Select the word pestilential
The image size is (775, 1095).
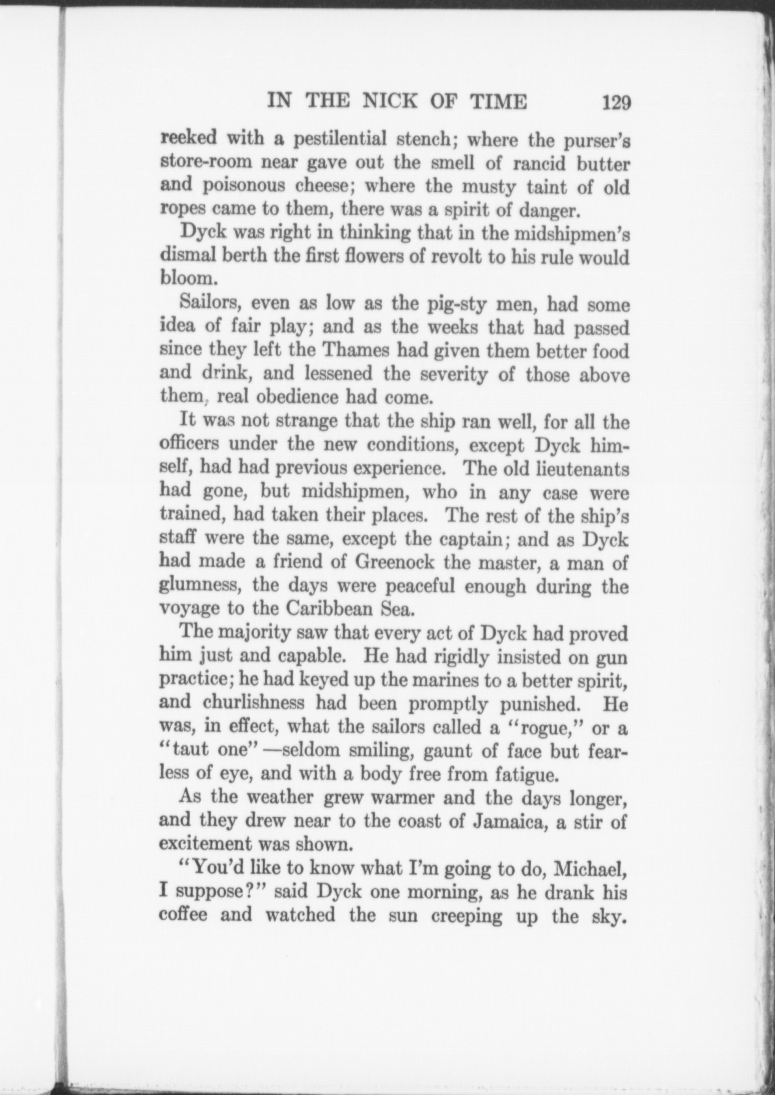340,140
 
